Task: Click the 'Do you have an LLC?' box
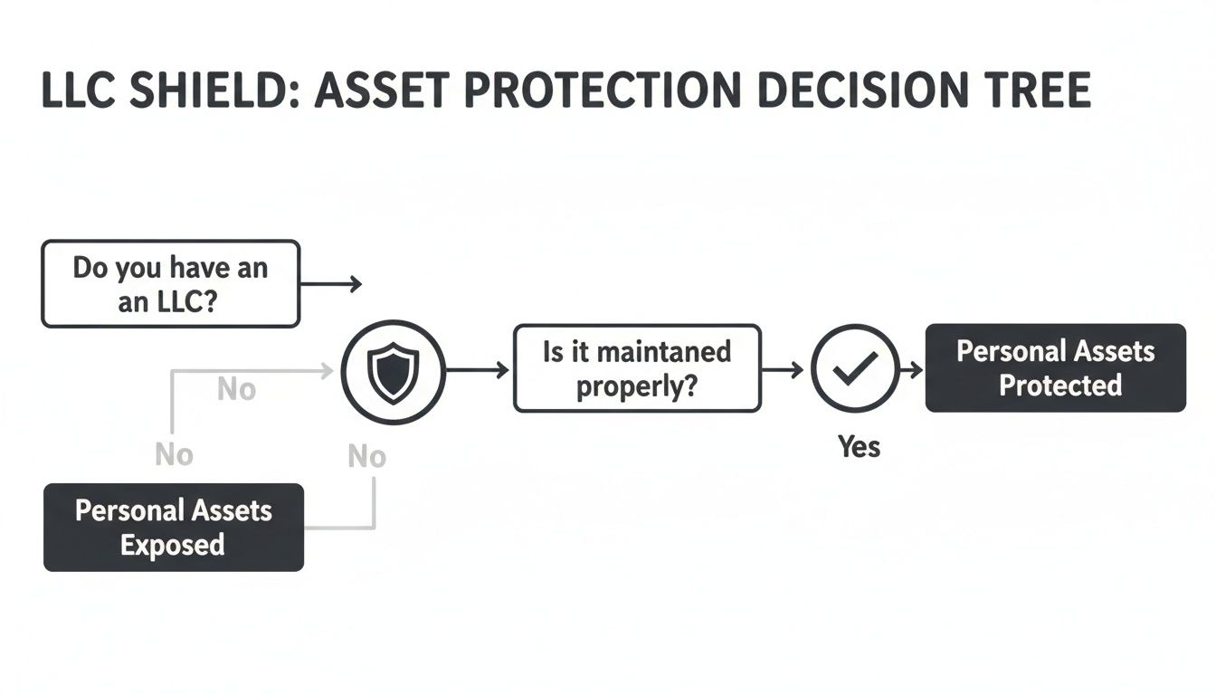coord(170,283)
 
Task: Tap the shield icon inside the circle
coord(393,372)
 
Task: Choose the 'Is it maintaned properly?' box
coord(637,368)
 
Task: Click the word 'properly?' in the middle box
coord(637,386)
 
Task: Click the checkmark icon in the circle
coord(855,368)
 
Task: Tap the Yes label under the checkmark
coord(859,446)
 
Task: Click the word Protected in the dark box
coord(1059,386)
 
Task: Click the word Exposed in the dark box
coord(172,545)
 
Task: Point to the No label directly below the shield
coord(366,457)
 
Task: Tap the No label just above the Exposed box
coord(174,454)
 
